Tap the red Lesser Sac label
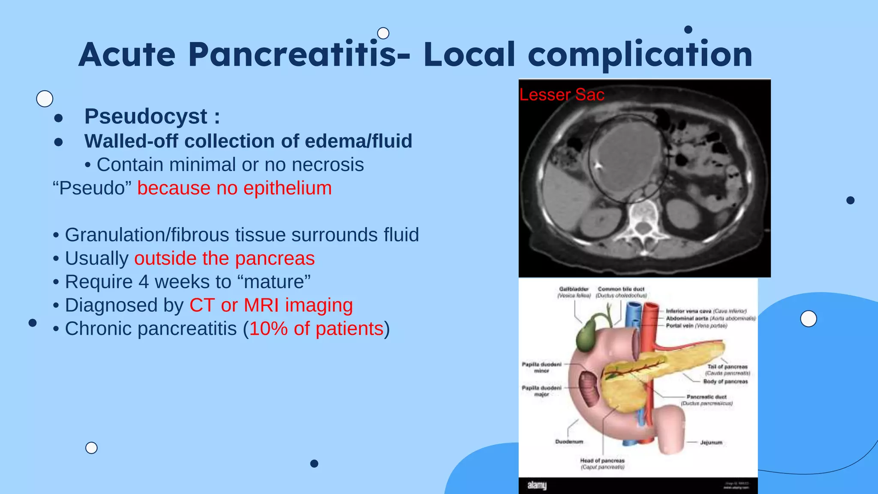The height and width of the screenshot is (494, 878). click(562, 95)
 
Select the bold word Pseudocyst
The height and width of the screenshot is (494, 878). click(146, 116)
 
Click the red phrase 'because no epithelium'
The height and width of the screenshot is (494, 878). click(235, 188)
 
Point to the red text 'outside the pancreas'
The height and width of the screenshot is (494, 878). click(224, 259)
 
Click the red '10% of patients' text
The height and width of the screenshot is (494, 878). click(316, 329)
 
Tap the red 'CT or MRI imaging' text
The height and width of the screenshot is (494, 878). click(271, 305)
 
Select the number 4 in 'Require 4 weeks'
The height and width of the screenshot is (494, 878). click(144, 282)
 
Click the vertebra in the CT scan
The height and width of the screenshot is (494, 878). click(641, 219)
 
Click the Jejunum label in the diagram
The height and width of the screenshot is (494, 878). click(711, 443)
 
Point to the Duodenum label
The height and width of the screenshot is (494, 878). click(569, 442)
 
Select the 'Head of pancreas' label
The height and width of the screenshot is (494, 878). click(602, 461)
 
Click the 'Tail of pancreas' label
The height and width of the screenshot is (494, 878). click(727, 367)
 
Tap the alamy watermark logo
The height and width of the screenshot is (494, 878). click(537, 485)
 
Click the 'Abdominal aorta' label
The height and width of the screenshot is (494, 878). click(687, 318)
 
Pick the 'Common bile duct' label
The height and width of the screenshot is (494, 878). click(621, 289)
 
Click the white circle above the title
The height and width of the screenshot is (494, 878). click(383, 33)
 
